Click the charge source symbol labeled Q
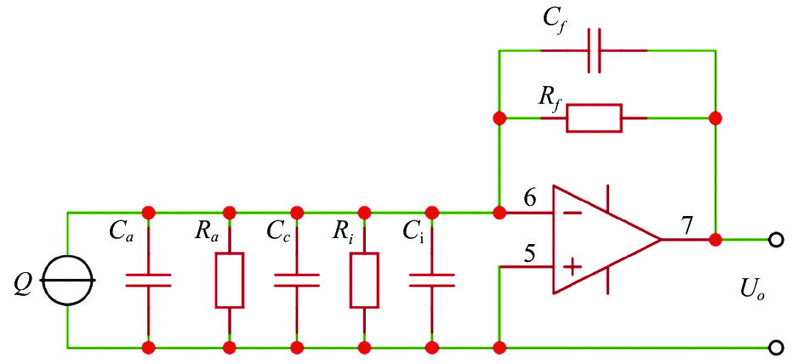click(x=68, y=280)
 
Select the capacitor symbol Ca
click(x=148, y=280)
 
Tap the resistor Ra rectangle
click(x=229, y=280)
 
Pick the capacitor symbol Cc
click(x=297, y=280)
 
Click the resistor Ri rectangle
click(x=364, y=280)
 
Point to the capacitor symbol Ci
click(x=431, y=280)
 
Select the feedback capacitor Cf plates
click(x=595, y=51)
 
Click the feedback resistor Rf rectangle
click(x=594, y=118)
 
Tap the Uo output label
click(x=748, y=295)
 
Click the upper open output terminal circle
click(x=777, y=240)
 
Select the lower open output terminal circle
click(x=777, y=348)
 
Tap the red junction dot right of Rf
click(x=715, y=118)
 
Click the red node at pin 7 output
click(x=715, y=240)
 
